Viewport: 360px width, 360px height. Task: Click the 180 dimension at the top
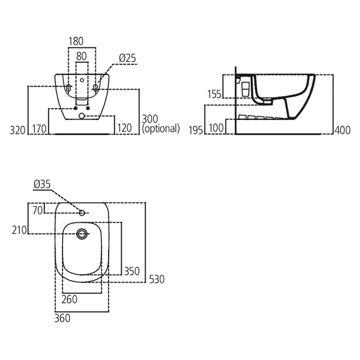tap(76, 41)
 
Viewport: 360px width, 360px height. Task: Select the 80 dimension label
tap(81, 56)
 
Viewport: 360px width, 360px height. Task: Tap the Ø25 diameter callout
tap(127, 58)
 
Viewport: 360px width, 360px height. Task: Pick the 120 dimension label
tap(124, 128)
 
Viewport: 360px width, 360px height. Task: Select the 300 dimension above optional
tap(151, 119)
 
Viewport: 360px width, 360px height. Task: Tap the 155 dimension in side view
tap(214, 94)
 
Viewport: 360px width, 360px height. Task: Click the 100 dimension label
tap(217, 129)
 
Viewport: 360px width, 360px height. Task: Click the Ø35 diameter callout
tap(43, 184)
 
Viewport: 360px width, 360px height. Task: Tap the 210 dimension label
tap(18, 230)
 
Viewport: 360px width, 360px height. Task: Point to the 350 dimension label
tap(132, 271)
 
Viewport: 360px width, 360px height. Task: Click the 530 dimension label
tap(157, 279)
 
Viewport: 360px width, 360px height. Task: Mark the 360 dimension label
tap(63, 318)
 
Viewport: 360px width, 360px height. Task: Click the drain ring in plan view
tap(82, 233)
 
